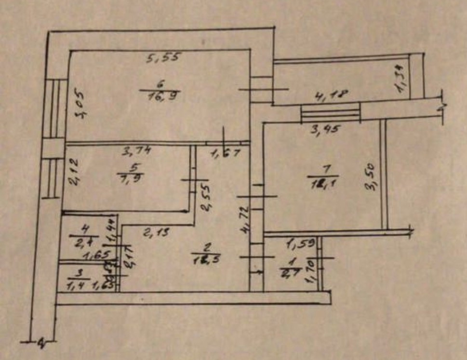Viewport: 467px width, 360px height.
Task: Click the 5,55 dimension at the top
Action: coord(163,58)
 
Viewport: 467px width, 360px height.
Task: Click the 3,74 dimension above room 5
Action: coord(137,151)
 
